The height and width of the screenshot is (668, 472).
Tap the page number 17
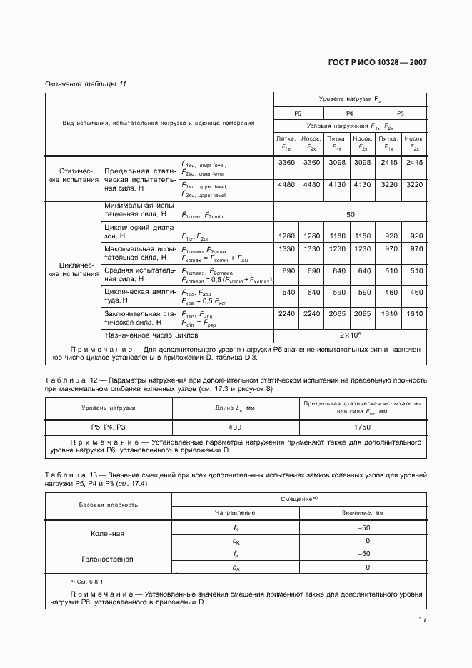coord(422,619)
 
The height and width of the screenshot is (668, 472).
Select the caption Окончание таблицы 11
coord(86,84)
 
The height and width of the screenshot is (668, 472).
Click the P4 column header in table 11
coord(350,113)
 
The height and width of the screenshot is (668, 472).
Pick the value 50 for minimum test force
coord(350,214)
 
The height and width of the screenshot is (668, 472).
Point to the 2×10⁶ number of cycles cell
coord(350,334)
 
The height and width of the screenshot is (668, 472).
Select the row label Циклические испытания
coord(72,269)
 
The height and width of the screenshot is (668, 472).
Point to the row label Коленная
coord(108,533)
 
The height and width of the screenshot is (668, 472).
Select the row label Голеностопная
coord(108,560)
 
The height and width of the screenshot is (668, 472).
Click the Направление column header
coord(235,512)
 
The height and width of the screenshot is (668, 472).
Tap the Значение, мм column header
coord(363,512)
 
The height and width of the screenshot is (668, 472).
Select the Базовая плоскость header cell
coord(108,505)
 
